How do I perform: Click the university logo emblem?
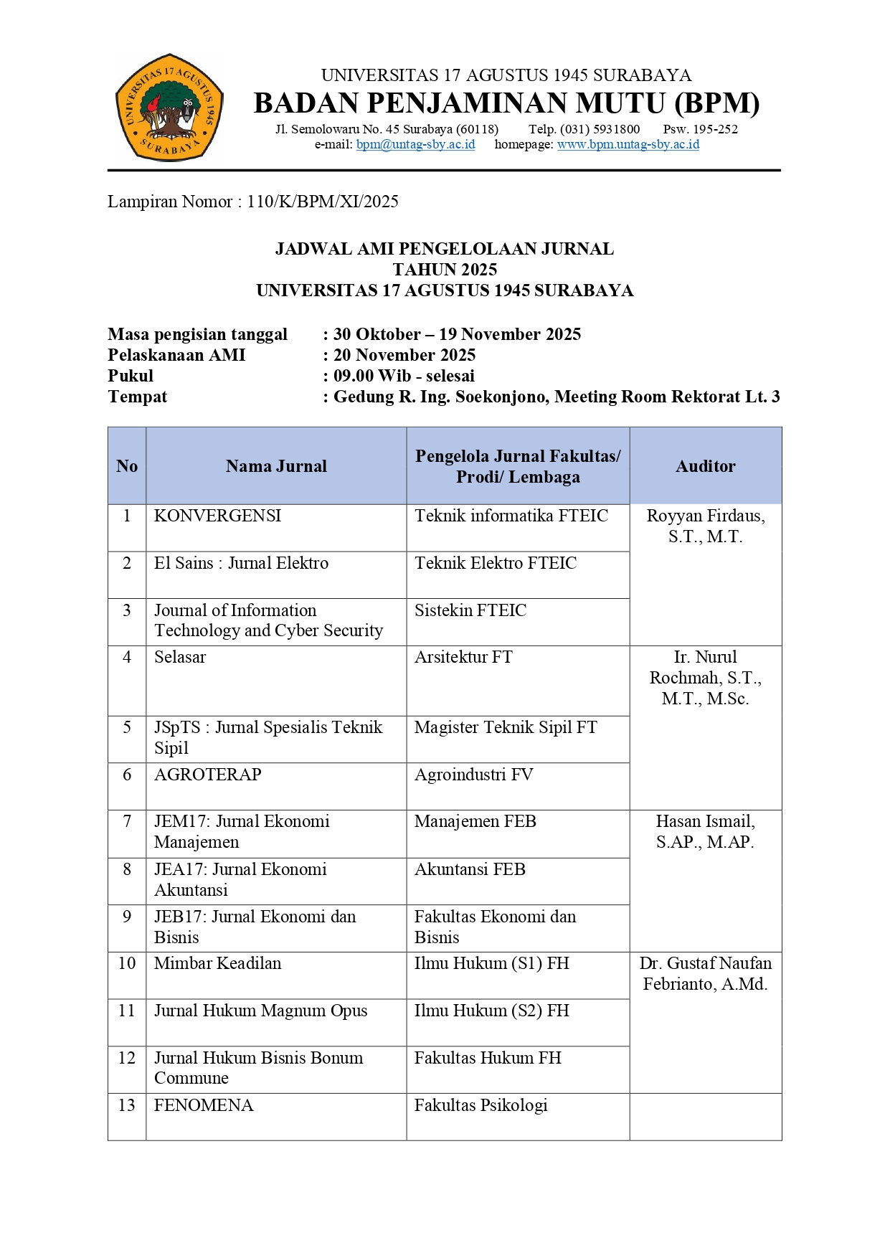click(x=169, y=108)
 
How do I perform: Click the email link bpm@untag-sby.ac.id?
click(x=415, y=144)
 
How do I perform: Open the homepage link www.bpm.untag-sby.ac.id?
click(x=628, y=144)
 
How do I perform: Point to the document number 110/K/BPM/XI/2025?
click(x=323, y=202)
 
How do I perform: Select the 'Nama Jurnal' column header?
click(x=276, y=466)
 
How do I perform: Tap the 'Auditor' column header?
click(x=705, y=466)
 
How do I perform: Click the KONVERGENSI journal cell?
click(x=217, y=516)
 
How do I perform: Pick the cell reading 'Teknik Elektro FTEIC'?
click(x=495, y=563)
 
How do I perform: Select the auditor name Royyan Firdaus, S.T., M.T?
click(x=705, y=526)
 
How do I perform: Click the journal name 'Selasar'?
click(x=180, y=657)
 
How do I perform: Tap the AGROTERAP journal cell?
click(x=207, y=775)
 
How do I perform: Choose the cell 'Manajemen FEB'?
click(x=475, y=821)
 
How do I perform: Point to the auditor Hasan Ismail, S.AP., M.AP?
click(x=705, y=831)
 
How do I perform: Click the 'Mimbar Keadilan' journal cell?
click(x=217, y=963)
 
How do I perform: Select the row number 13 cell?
click(x=127, y=1105)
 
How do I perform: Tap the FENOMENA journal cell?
click(x=204, y=1105)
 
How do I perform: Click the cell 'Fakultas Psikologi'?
click(x=480, y=1105)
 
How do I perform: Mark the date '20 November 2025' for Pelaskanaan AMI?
click(x=404, y=355)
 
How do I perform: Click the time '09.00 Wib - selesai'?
click(x=404, y=376)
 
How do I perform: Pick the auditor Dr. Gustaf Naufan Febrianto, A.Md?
click(x=705, y=973)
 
